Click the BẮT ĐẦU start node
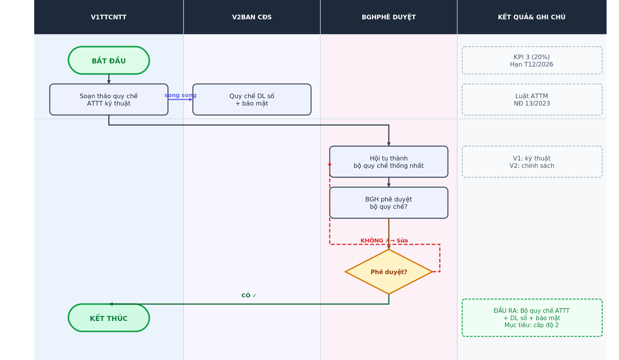point(109,60)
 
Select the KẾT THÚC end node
point(109,318)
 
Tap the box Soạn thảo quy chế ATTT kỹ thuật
point(109,99)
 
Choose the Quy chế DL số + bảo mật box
point(252,99)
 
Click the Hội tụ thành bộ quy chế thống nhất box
point(389,162)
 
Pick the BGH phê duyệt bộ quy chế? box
point(389,203)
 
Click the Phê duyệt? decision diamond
point(389,272)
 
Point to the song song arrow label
point(180,96)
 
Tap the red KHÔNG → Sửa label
point(384,241)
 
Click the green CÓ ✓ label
point(249,296)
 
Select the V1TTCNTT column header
point(109,17)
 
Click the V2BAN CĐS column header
point(252,17)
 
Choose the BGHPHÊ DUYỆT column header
point(389,17)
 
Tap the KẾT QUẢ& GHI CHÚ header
point(532,17)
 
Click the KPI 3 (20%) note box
point(532,60)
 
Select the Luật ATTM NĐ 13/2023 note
point(532,99)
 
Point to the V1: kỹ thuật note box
point(532,162)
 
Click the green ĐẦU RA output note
point(532,318)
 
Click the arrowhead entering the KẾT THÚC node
point(111,304)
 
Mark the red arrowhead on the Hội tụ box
point(330,164)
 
